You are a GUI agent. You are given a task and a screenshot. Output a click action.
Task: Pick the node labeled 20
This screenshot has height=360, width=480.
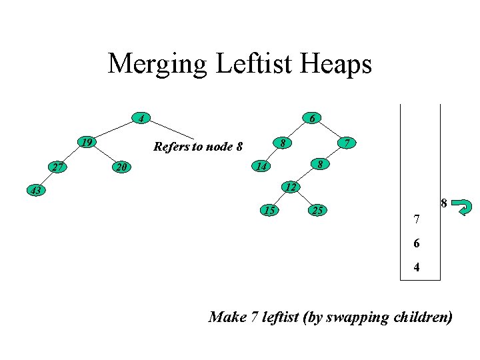click(120, 167)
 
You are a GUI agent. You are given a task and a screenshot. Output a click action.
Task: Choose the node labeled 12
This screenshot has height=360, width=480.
click(289, 187)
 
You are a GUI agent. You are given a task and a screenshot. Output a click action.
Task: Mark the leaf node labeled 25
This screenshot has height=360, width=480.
click(319, 211)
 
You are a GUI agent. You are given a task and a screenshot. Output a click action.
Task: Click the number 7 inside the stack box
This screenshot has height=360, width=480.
click(416, 219)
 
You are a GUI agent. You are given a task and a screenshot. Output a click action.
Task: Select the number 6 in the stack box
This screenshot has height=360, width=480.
click(416, 244)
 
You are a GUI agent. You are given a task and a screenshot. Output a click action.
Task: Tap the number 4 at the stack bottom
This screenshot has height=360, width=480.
click(416, 269)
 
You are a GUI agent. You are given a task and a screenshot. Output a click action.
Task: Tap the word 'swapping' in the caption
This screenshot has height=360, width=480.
click(357, 317)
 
